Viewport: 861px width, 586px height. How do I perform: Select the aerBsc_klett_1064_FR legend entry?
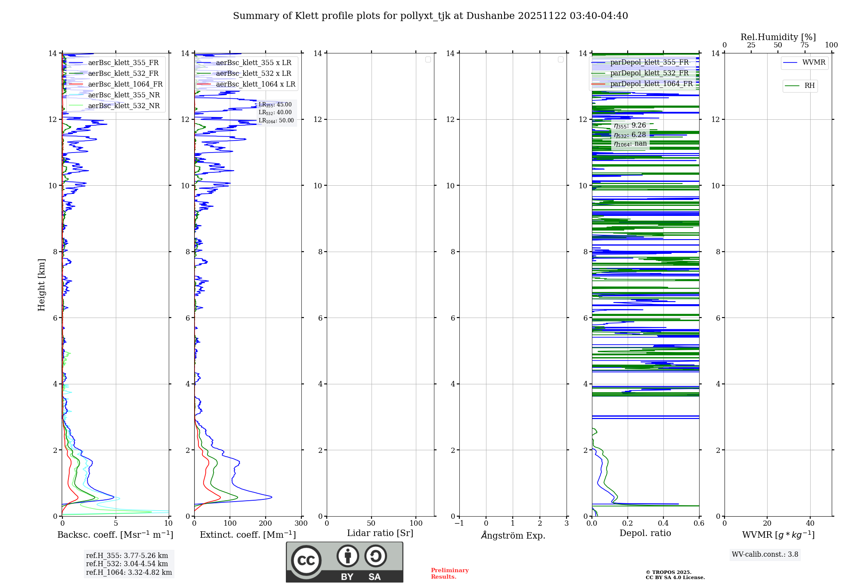click(x=125, y=84)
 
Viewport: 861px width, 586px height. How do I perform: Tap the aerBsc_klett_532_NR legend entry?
click(x=124, y=106)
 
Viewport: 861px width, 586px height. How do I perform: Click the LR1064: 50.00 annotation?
click(x=276, y=121)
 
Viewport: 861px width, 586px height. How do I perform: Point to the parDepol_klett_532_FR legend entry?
click(x=649, y=73)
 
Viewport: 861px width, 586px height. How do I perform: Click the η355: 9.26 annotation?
click(x=630, y=125)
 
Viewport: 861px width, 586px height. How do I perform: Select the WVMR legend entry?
click(x=813, y=62)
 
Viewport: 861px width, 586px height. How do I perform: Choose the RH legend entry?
click(x=809, y=86)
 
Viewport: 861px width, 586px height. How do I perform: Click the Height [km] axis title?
click(x=41, y=284)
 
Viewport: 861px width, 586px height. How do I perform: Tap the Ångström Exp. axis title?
click(x=513, y=535)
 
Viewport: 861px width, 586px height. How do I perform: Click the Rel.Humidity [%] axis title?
click(x=778, y=37)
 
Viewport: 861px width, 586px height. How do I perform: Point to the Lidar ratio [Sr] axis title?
click(x=380, y=533)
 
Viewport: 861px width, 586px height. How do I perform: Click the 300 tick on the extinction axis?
click(x=301, y=523)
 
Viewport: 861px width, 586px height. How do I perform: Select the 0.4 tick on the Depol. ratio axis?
click(x=663, y=523)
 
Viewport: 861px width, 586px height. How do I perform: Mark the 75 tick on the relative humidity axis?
click(x=805, y=45)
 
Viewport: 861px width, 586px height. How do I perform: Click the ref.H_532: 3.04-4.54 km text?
click(x=127, y=564)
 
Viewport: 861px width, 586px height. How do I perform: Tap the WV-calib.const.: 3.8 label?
click(x=765, y=554)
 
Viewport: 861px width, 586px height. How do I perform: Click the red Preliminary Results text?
click(x=449, y=573)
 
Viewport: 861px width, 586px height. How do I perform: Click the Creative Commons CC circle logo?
click(x=306, y=560)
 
